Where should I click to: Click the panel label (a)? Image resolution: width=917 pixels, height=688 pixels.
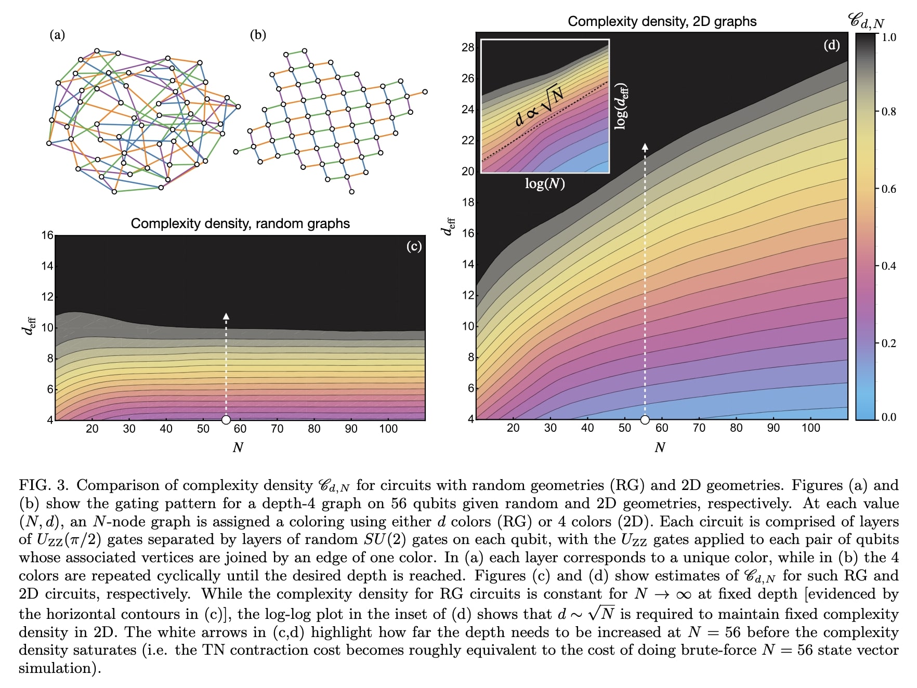[57, 35]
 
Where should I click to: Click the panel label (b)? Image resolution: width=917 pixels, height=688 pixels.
[258, 35]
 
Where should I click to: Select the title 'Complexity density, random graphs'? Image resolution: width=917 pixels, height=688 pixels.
[240, 223]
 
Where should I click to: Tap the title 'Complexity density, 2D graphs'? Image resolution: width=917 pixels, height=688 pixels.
[662, 21]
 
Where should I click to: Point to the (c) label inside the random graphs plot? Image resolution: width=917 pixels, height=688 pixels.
[414, 246]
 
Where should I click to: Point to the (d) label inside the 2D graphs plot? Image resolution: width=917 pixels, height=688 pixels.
[831, 45]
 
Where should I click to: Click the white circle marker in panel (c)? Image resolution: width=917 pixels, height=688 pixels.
[226, 420]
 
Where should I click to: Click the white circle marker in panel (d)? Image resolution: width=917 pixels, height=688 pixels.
[645, 419]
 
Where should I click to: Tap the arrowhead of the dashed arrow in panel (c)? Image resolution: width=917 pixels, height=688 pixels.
[226, 316]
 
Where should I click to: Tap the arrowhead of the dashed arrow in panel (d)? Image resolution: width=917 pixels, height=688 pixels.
[645, 147]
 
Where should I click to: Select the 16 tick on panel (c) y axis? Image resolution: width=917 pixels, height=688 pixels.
[47, 235]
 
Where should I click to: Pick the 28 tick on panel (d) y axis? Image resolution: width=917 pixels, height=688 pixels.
[468, 47]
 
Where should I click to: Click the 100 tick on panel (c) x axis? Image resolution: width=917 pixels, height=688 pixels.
[388, 429]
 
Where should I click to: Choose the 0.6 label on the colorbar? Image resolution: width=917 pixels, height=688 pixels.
[888, 189]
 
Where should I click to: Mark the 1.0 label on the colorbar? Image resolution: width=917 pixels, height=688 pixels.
[888, 37]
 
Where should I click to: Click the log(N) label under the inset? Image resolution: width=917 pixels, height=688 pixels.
[545, 183]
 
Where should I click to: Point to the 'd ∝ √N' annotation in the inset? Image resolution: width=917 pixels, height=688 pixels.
[539, 106]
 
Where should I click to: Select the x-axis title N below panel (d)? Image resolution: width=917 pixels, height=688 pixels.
[660, 447]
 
